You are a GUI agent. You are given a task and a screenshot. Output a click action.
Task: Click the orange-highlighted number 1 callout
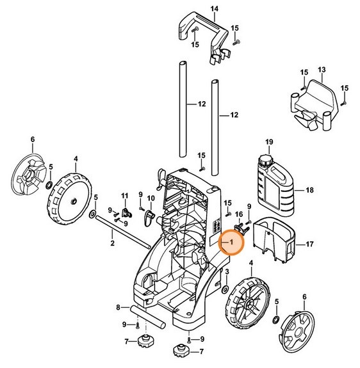tap(231, 243)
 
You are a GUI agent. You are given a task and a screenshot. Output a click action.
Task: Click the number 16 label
tap(239, 214)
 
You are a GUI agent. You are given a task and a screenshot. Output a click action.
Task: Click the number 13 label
tap(322, 69)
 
